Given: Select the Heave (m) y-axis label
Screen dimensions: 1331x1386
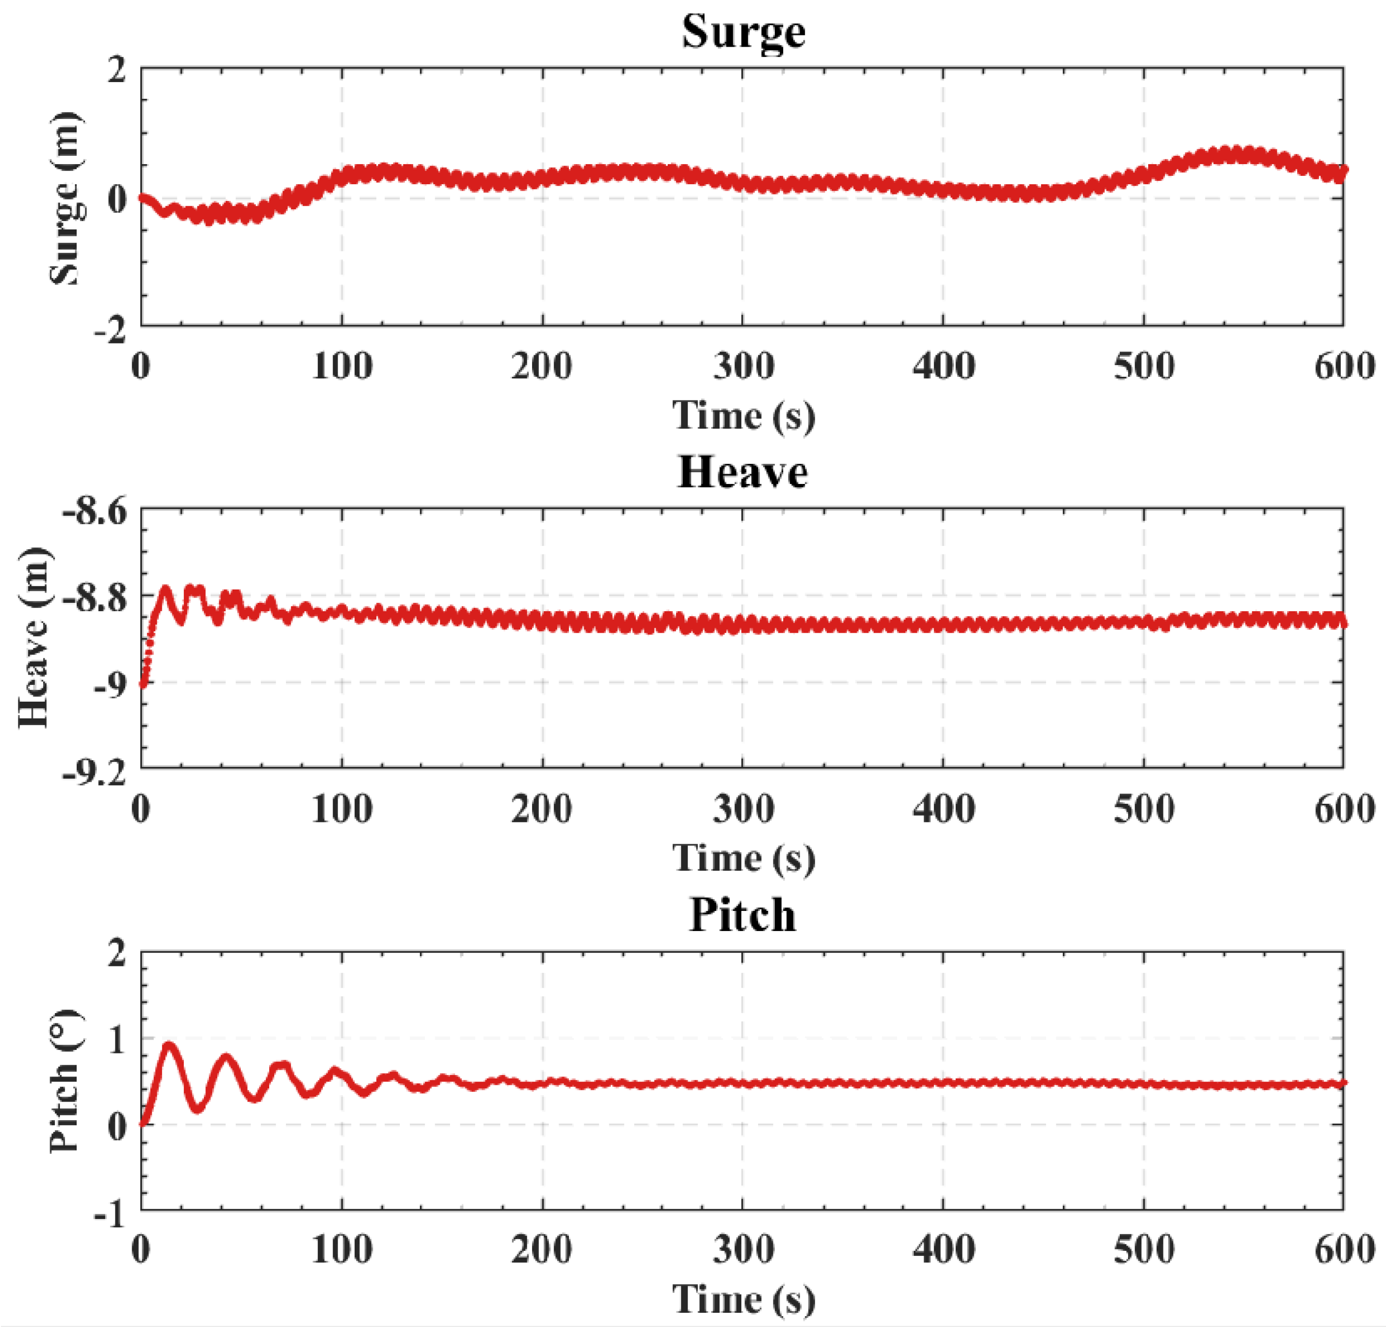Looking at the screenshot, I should (34, 637).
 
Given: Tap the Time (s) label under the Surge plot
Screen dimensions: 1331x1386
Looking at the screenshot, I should (743, 416).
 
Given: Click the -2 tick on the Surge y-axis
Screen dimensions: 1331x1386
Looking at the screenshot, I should (111, 330).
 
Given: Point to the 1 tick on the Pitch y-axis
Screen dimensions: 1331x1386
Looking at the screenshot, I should (117, 1040).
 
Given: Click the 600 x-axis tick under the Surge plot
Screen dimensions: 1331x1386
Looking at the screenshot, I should (1344, 367).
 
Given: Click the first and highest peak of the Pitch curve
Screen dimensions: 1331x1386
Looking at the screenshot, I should (169, 1045).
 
